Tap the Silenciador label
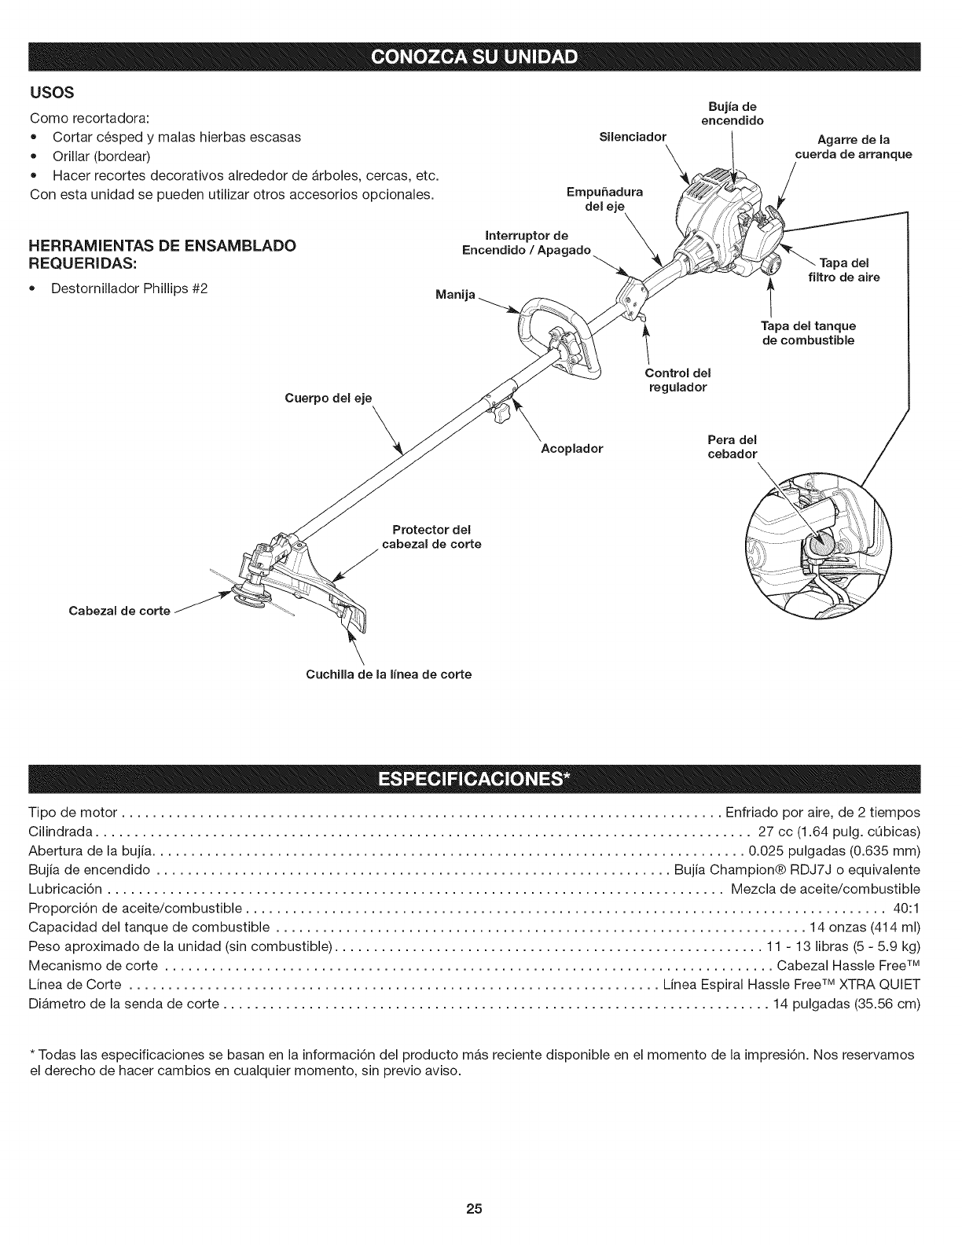(632, 137)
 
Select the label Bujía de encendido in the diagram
(731, 114)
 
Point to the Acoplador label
(571, 449)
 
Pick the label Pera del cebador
(732, 446)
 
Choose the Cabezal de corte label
(121, 611)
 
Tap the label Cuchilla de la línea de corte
(388, 674)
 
